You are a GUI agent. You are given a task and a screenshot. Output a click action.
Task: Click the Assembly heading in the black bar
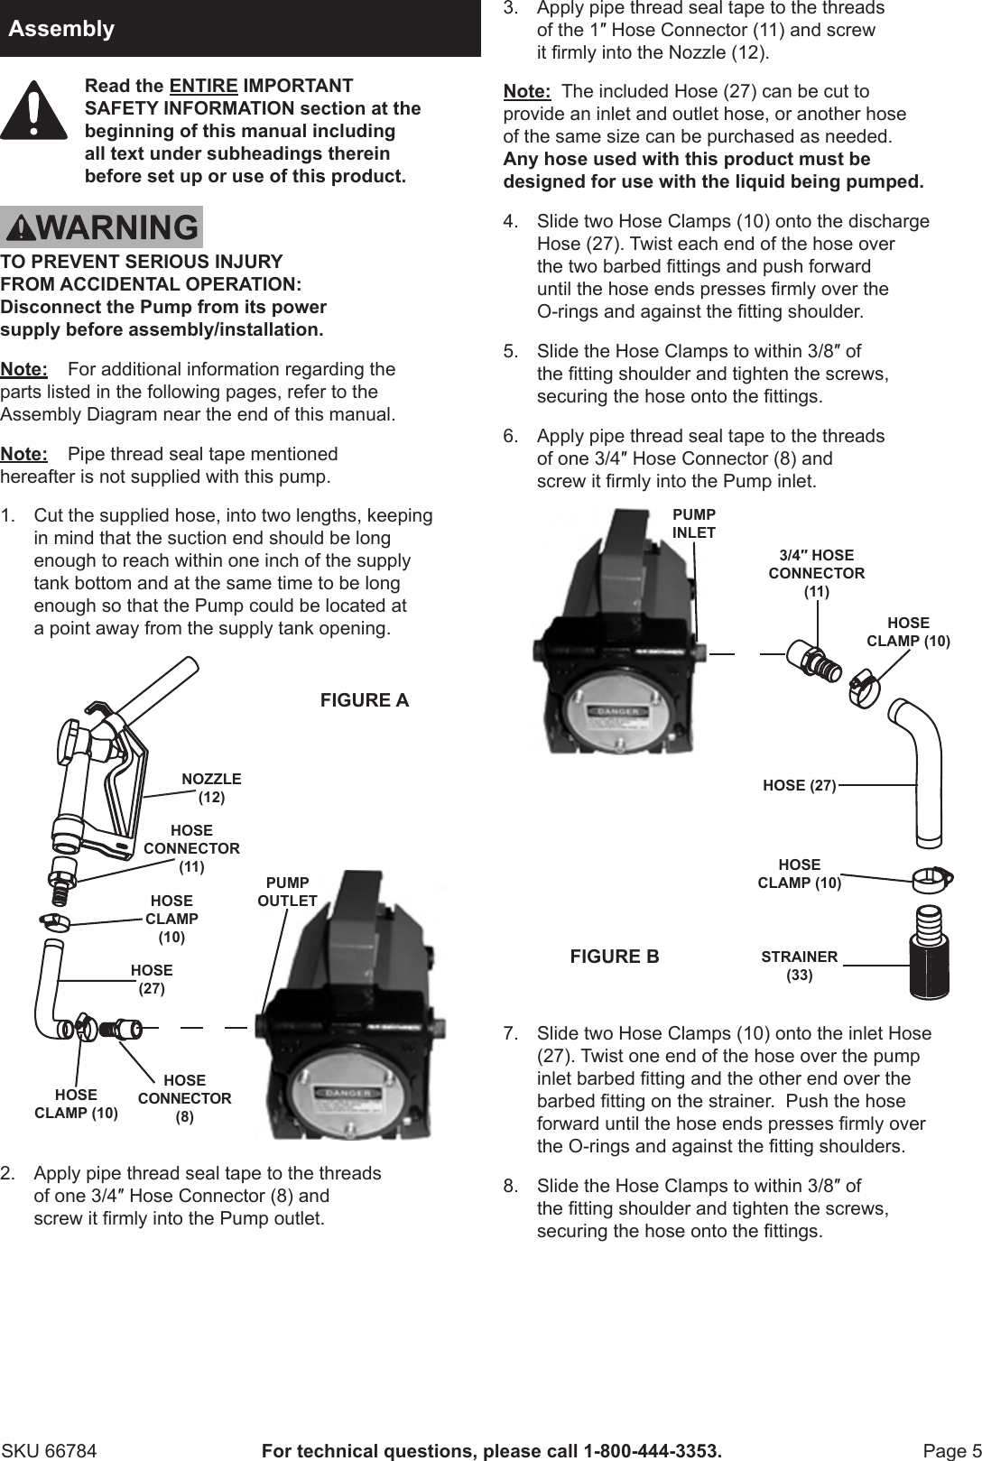click(61, 29)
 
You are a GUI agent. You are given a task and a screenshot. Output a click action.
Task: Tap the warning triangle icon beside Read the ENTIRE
click(33, 110)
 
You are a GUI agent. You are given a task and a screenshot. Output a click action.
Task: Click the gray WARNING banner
click(101, 227)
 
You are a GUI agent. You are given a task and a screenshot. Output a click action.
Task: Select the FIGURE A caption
click(365, 700)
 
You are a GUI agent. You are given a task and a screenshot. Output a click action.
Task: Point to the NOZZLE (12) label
click(211, 788)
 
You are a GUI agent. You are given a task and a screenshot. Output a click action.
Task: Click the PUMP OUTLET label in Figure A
click(287, 892)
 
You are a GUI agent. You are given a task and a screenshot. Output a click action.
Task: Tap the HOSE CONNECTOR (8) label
click(184, 1098)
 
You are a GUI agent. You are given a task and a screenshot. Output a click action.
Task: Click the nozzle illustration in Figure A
click(99, 776)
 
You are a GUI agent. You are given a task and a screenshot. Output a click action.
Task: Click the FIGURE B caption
click(615, 957)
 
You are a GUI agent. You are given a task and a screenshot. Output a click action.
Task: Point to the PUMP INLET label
click(693, 523)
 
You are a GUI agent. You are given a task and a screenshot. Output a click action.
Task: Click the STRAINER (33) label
click(799, 966)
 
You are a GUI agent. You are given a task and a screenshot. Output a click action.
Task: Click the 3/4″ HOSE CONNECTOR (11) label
click(816, 573)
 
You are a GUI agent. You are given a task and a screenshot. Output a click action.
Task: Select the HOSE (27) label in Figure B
click(799, 786)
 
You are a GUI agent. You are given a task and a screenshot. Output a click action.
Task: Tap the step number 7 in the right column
click(511, 1033)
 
